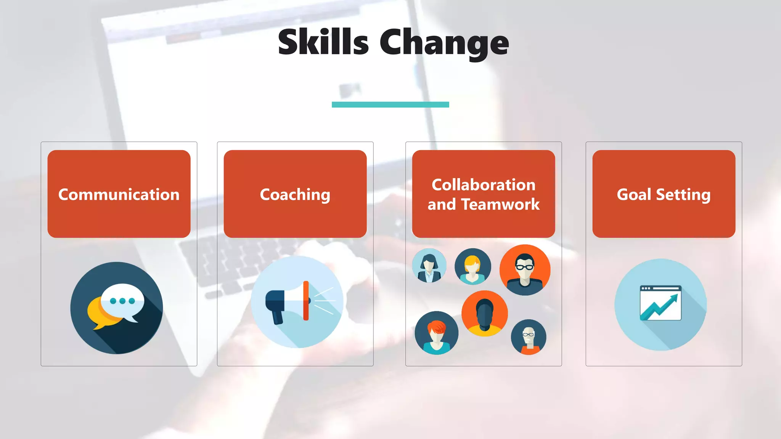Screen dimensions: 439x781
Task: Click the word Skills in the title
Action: point(323,42)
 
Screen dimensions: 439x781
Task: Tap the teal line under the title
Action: point(390,104)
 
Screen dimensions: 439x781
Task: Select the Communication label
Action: point(119,194)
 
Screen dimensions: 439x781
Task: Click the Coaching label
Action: point(295,194)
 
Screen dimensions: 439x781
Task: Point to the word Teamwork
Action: point(500,205)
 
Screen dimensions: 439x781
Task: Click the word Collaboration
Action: point(484,185)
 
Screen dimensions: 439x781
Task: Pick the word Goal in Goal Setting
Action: point(634,194)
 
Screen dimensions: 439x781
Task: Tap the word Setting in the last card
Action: point(683,194)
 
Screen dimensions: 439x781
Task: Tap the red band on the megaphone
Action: point(306,301)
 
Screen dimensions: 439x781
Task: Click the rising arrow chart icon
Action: point(660,303)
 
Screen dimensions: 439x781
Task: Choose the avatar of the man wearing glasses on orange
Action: point(525,270)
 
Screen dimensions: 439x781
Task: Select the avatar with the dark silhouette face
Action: point(484,313)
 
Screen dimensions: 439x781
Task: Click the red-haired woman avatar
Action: point(437,333)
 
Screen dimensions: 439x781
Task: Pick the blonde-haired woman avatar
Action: point(472,266)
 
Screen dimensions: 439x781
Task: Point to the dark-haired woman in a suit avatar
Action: point(429,265)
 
